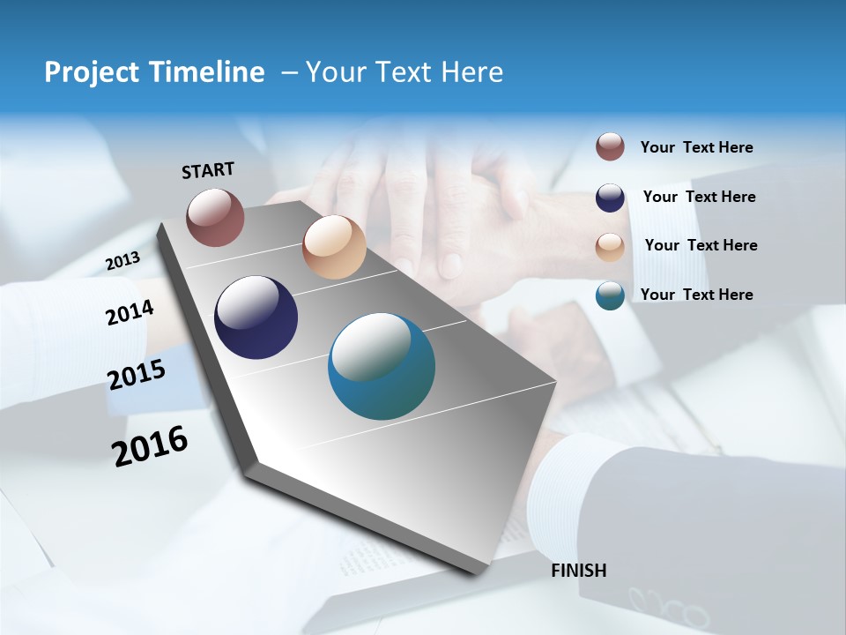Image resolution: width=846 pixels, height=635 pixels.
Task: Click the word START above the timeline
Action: [x=208, y=170]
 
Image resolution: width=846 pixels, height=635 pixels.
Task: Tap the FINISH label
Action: [x=578, y=571]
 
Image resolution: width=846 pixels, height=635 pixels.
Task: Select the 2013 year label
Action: [x=122, y=261]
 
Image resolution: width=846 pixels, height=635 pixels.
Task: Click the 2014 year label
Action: [x=130, y=313]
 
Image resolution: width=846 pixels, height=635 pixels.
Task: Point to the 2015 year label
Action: [x=137, y=375]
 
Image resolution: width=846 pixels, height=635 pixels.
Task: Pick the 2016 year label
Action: [x=150, y=445]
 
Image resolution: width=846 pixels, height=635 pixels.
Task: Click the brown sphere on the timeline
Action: [x=215, y=217]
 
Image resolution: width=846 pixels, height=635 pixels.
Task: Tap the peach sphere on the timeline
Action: [x=334, y=247]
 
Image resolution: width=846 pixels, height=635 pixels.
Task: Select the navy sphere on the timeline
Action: [x=256, y=317]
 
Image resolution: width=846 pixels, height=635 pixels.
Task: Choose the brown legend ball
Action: [x=610, y=147]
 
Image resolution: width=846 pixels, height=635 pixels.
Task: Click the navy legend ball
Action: [x=610, y=198]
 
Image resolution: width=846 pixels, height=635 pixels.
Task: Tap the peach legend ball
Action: [x=610, y=246]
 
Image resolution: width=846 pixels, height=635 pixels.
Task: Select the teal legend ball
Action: [x=610, y=295]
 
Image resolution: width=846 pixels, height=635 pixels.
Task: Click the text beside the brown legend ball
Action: [x=696, y=148]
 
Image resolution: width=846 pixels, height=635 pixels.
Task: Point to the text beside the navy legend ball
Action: [x=699, y=197]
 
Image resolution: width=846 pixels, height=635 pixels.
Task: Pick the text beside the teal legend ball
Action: [x=696, y=295]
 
